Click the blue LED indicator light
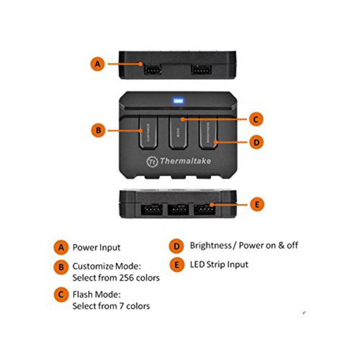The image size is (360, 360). [x=178, y=101]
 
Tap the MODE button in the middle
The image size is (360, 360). [x=179, y=133]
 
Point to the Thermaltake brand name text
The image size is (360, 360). [x=184, y=161]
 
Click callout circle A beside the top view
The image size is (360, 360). [x=98, y=63]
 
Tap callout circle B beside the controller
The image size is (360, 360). [x=98, y=131]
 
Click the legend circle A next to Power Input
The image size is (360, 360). [x=60, y=247]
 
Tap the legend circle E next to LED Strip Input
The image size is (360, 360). [x=176, y=265]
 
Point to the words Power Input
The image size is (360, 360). [x=96, y=247]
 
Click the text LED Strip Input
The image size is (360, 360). [x=219, y=264]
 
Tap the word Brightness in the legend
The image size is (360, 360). [x=210, y=245]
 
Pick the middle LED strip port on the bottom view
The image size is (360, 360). [x=179, y=210]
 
